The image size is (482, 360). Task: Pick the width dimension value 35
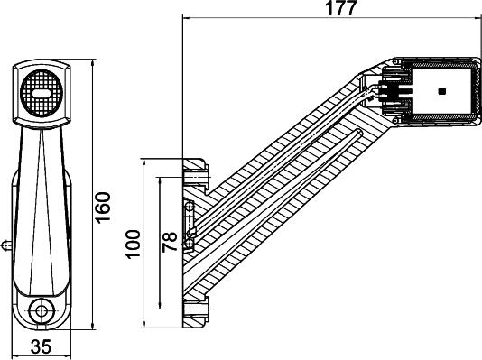tap(41, 347)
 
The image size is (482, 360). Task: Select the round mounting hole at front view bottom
tap(40, 312)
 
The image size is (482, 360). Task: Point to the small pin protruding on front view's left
tap(6, 243)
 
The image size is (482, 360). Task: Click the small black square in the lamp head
tap(440, 91)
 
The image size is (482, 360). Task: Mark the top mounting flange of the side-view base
tap(196, 167)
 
